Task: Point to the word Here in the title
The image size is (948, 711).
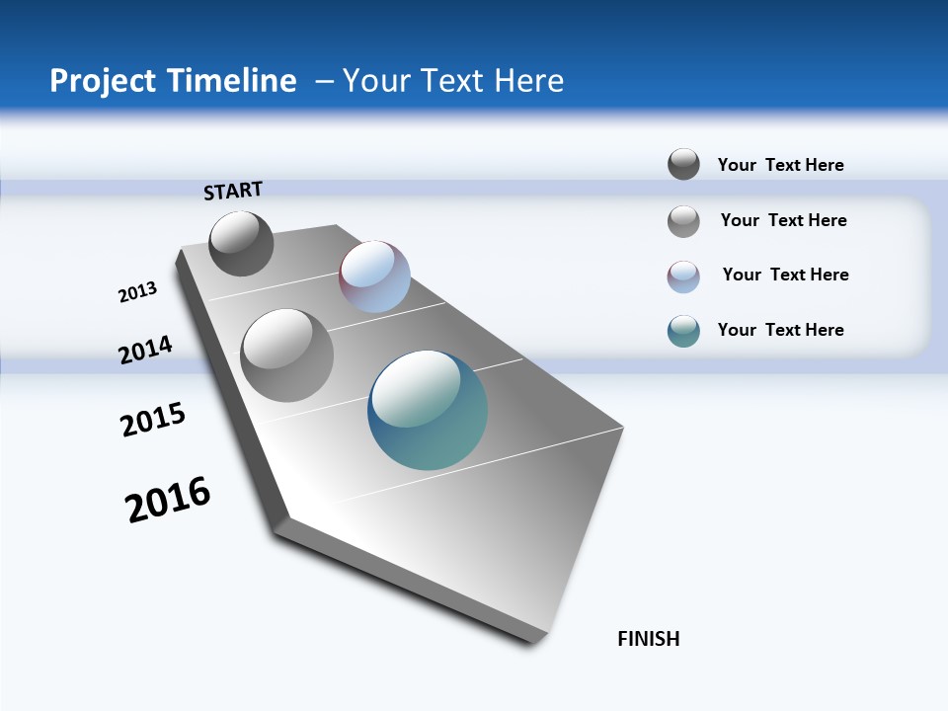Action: pos(528,81)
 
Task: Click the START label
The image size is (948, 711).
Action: pos(233,191)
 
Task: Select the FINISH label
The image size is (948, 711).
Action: pos(649,639)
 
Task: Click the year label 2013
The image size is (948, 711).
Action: pos(137,292)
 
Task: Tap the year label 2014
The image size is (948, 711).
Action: pos(145,350)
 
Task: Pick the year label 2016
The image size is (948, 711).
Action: pos(168,500)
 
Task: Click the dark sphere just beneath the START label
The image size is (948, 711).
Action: pos(241,243)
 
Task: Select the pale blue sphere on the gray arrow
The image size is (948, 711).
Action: pos(374,276)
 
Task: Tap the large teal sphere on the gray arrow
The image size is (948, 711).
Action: pos(428,410)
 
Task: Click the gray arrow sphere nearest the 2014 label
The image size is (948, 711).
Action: pos(286,355)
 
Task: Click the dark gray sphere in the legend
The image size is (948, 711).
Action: pos(683,164)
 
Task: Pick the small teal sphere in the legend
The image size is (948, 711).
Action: pos(683,331)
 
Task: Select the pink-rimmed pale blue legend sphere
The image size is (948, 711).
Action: pos(683,276)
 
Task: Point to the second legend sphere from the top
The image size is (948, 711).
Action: pos(683,221)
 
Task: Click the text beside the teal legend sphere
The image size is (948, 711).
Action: pos(780,330)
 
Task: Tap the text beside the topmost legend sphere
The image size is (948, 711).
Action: pos(780,165)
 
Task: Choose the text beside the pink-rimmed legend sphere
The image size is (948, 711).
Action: pos(785,275)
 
